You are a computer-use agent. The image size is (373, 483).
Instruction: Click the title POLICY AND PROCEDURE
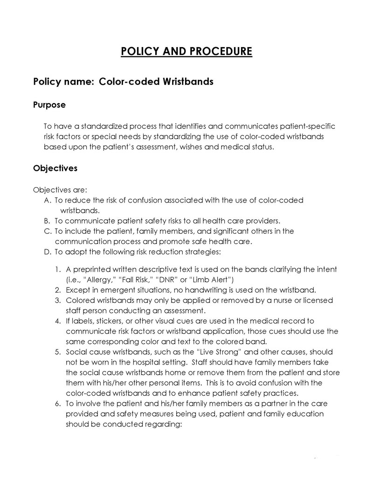click(x=186, y=51)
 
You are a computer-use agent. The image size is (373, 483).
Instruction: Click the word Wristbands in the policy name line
click(x=188, y=82)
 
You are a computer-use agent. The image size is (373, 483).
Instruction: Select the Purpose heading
click(x=49, y=105)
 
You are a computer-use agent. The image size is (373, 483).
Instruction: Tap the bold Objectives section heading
click(x=55, y=168)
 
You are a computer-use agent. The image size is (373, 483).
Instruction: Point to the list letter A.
click(x=47, y=200)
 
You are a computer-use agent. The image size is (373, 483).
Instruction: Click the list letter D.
click(x=47, y=252)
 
